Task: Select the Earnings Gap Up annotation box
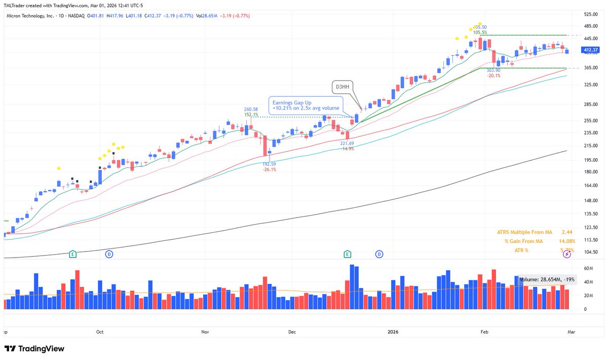[306, 105]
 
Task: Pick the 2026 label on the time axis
[393, 332]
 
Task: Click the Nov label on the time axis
[205, 332]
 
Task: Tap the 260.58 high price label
[251, 109]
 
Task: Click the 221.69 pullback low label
[348, 143]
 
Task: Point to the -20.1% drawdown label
[493, 76]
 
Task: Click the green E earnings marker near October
[73, 254]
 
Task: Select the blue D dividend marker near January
[379, 254]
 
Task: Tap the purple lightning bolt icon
[567, 255]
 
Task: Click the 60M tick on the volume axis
[588, 268]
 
